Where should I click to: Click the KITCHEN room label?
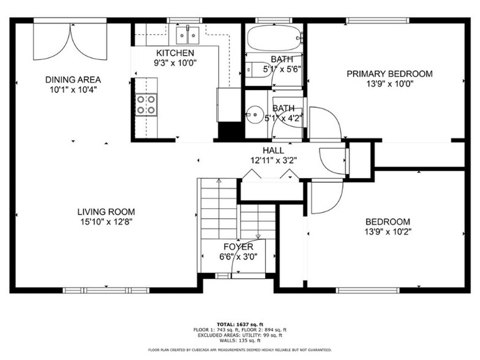click(175, 53)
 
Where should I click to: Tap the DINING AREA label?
click(73, 80)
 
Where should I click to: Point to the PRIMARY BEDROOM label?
click(389, 74)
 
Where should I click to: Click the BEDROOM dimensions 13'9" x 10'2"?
click(388, 231)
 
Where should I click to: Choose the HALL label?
click(273, 151)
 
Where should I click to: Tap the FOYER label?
click(238, 247)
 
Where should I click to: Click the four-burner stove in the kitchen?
click(146, 105)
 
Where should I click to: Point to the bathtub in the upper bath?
click(274, 37)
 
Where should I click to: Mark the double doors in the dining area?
click(70, 42)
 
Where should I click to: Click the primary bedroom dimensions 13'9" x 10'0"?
click(389, 84)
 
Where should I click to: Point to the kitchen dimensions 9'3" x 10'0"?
click(175, 63)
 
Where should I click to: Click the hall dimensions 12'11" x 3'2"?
click(273, 160)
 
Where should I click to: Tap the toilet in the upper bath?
click(252, 69)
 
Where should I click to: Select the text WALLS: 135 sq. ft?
click(239, 340)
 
